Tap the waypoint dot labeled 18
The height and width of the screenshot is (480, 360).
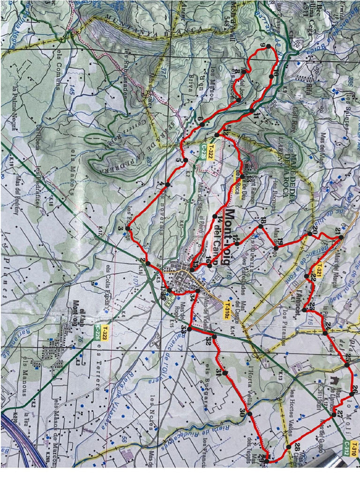pos(261,226)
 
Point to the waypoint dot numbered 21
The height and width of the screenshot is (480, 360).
pos(341,238)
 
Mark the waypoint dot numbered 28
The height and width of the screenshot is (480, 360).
pos(289,446)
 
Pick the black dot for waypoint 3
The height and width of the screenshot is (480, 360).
pos(127,228)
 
